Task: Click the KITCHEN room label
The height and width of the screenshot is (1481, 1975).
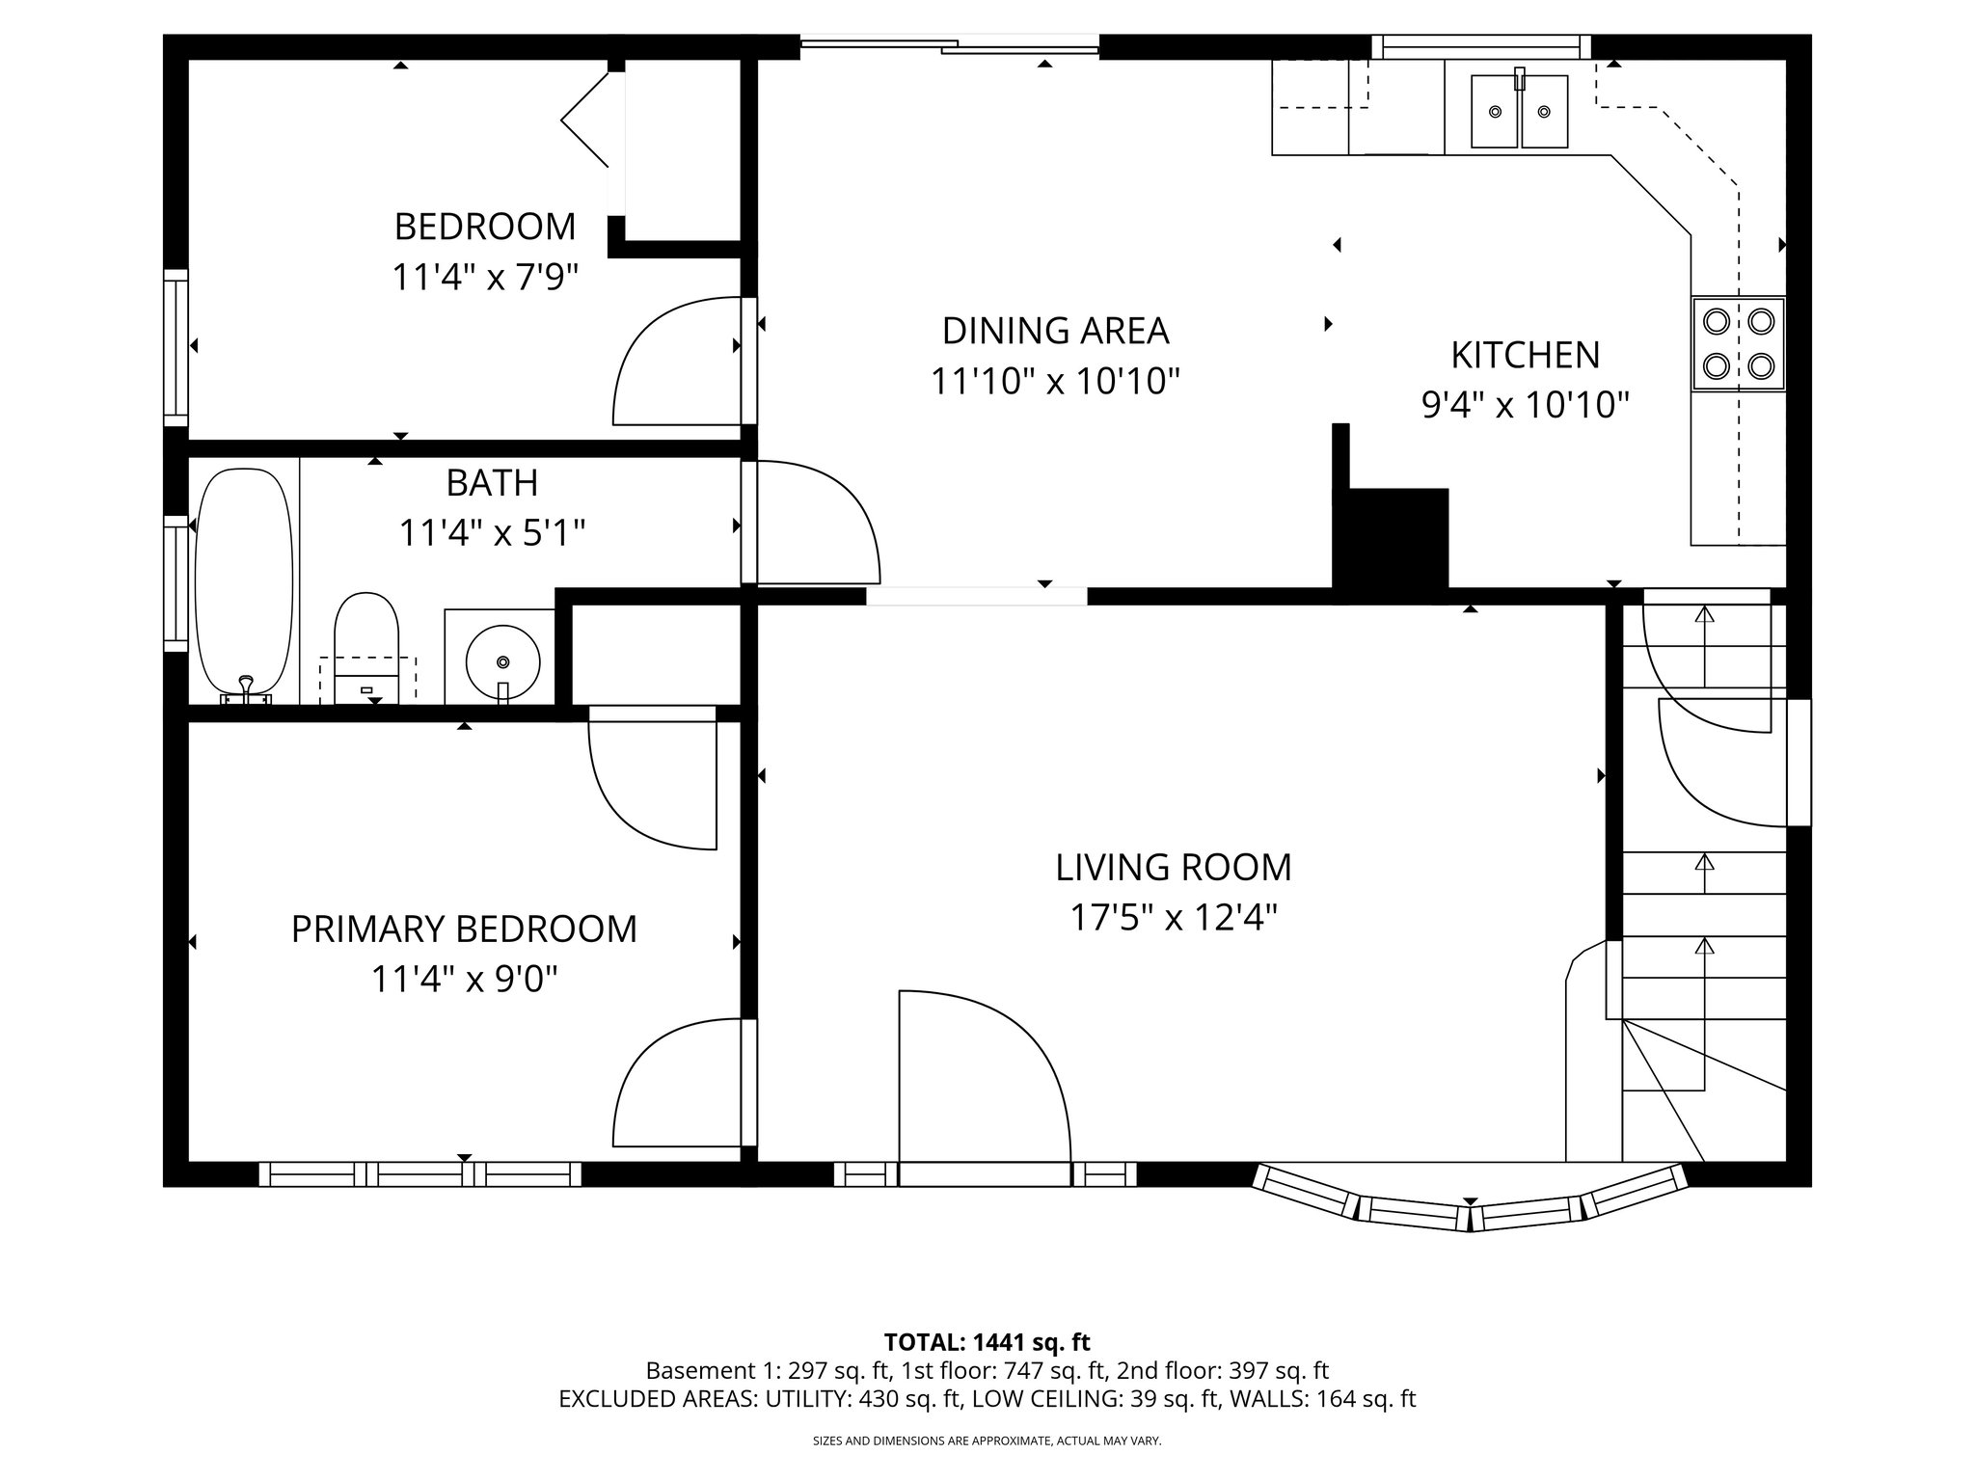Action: (1525, 355)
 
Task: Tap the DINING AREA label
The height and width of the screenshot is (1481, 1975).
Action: (1055, 331)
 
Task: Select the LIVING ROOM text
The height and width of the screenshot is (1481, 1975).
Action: (1173, 867)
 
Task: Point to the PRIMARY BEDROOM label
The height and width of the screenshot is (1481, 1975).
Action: (464, 929)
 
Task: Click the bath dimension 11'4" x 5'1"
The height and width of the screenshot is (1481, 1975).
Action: (492, 532)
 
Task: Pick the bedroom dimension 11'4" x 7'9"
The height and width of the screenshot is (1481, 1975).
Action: (484, 278)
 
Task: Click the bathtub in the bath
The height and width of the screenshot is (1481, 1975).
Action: (243, 579)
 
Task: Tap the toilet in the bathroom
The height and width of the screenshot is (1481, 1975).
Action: (365, 641)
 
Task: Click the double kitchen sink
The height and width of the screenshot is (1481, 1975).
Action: (1519, 112)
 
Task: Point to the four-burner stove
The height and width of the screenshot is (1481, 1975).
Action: (1738, 343)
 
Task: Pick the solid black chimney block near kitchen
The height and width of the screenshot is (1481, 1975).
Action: (1390, 536)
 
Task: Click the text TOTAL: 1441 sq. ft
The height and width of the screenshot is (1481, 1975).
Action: (987, 1342)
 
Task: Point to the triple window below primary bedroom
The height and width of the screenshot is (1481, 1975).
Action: (420, 1173)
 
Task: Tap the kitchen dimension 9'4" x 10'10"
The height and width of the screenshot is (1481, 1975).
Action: (1525, 405)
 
